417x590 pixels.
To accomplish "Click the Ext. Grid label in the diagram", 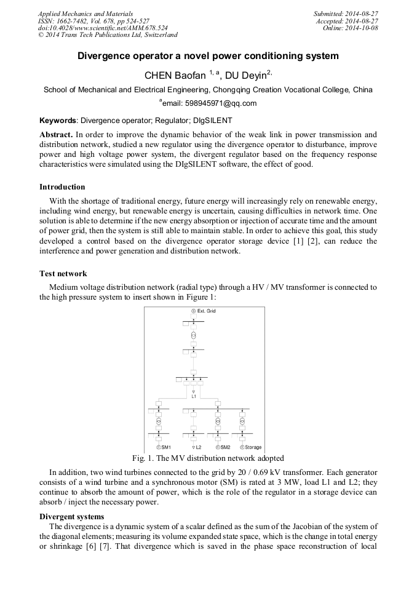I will [206, 311].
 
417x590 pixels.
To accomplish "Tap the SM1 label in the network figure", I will [165, 447].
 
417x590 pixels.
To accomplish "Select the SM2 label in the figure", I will [225, 447].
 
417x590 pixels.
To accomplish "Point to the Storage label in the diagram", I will [253, 447].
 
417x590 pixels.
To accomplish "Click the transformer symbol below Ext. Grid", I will [193, 336].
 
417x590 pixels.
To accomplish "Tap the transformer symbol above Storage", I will [242, 421].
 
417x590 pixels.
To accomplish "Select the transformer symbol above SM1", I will [158, 421].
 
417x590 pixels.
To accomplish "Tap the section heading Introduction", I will [62, 187].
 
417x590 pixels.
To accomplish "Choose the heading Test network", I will [63, 273].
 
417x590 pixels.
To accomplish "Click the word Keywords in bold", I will [58, 121].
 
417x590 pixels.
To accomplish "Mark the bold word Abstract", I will [56, 134].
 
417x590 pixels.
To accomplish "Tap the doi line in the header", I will [103, 28].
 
